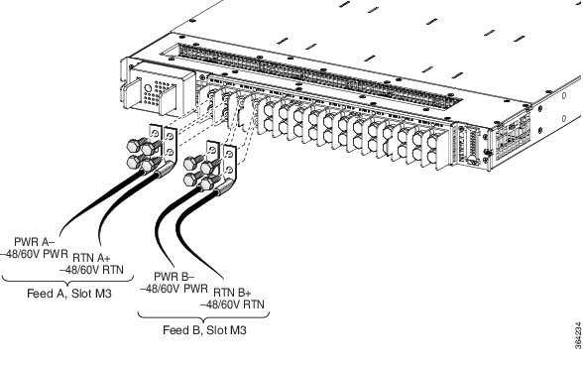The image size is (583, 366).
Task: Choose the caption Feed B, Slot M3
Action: pyautogui.click(x=203, y=328)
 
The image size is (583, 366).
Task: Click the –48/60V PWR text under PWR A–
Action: pyautogui.click(x=33, y=254)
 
